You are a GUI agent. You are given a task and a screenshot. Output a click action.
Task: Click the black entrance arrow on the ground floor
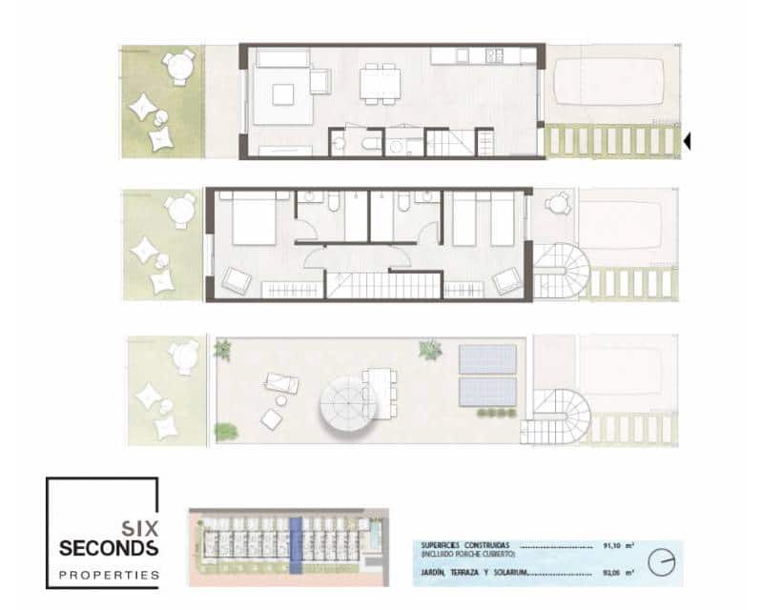coord(687,142)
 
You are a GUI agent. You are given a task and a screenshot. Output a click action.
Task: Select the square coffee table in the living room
coord(283,93)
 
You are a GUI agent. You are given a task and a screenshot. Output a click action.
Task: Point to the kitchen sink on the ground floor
coord(493,55)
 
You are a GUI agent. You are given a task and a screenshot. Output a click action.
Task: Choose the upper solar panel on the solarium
coord(488,359)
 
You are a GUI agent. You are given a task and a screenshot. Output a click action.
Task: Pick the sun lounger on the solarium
coord(282,384)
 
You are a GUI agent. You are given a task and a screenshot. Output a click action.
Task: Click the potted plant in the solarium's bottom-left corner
coord(226,432)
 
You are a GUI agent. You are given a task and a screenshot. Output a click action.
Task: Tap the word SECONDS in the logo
coord(108,548)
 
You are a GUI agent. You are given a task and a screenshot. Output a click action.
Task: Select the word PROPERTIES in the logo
coord(108,575)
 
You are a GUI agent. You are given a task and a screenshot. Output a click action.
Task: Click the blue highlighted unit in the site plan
coord(296,545)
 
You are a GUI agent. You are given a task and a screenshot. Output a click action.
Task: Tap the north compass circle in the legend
coord(661,561)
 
